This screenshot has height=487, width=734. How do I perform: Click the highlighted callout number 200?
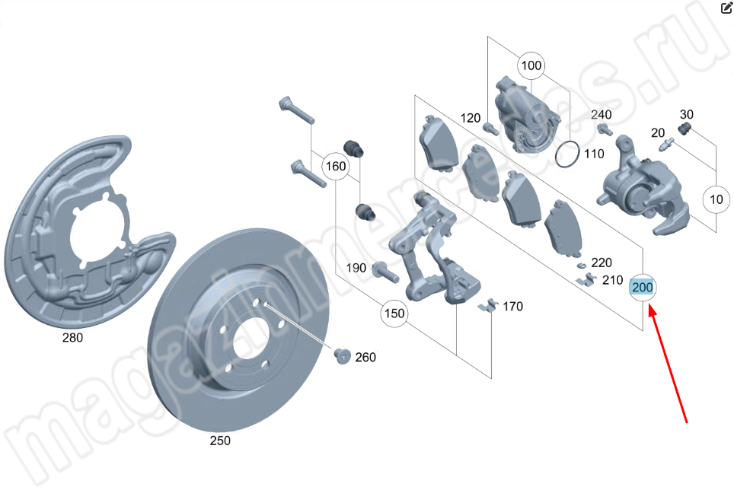point(642,288)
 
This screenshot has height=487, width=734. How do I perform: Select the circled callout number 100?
point(531,65)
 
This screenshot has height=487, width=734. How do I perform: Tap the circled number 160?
point(335,166)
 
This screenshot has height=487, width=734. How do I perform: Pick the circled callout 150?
point(394,314)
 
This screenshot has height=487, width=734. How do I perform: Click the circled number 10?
point(716,201)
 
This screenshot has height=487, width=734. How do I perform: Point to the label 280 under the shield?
point(73,338)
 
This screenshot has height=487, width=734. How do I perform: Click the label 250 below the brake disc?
point(220,441)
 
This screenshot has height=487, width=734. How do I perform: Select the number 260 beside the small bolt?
point(365,358)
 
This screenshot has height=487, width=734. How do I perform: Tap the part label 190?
point(356,268)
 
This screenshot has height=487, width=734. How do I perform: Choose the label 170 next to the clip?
point(512,307)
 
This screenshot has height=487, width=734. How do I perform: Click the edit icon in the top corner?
point(725,8)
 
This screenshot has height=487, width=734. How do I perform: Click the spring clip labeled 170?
point(487,306)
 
